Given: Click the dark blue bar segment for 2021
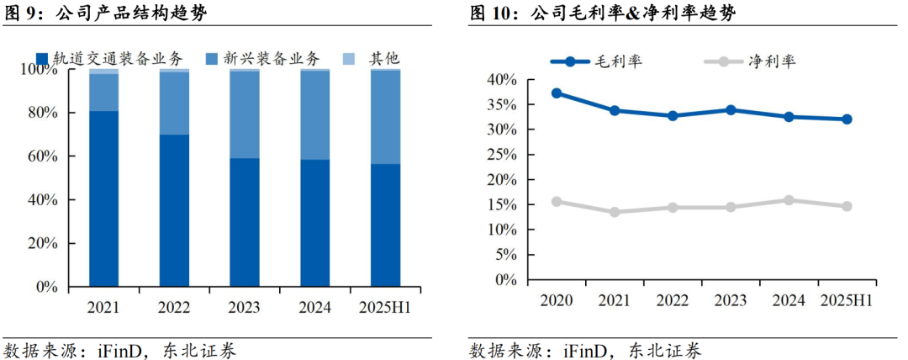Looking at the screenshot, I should (x=103, y=199).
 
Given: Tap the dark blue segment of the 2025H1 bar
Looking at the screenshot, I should (x=385, y=225).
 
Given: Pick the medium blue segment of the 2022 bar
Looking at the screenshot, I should (x=174, y=103).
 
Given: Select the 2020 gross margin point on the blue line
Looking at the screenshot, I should (x=557, y=93).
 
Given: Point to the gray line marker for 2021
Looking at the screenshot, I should (x=615, y=212).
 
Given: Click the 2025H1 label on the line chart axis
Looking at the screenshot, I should (x=847, y=300).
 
